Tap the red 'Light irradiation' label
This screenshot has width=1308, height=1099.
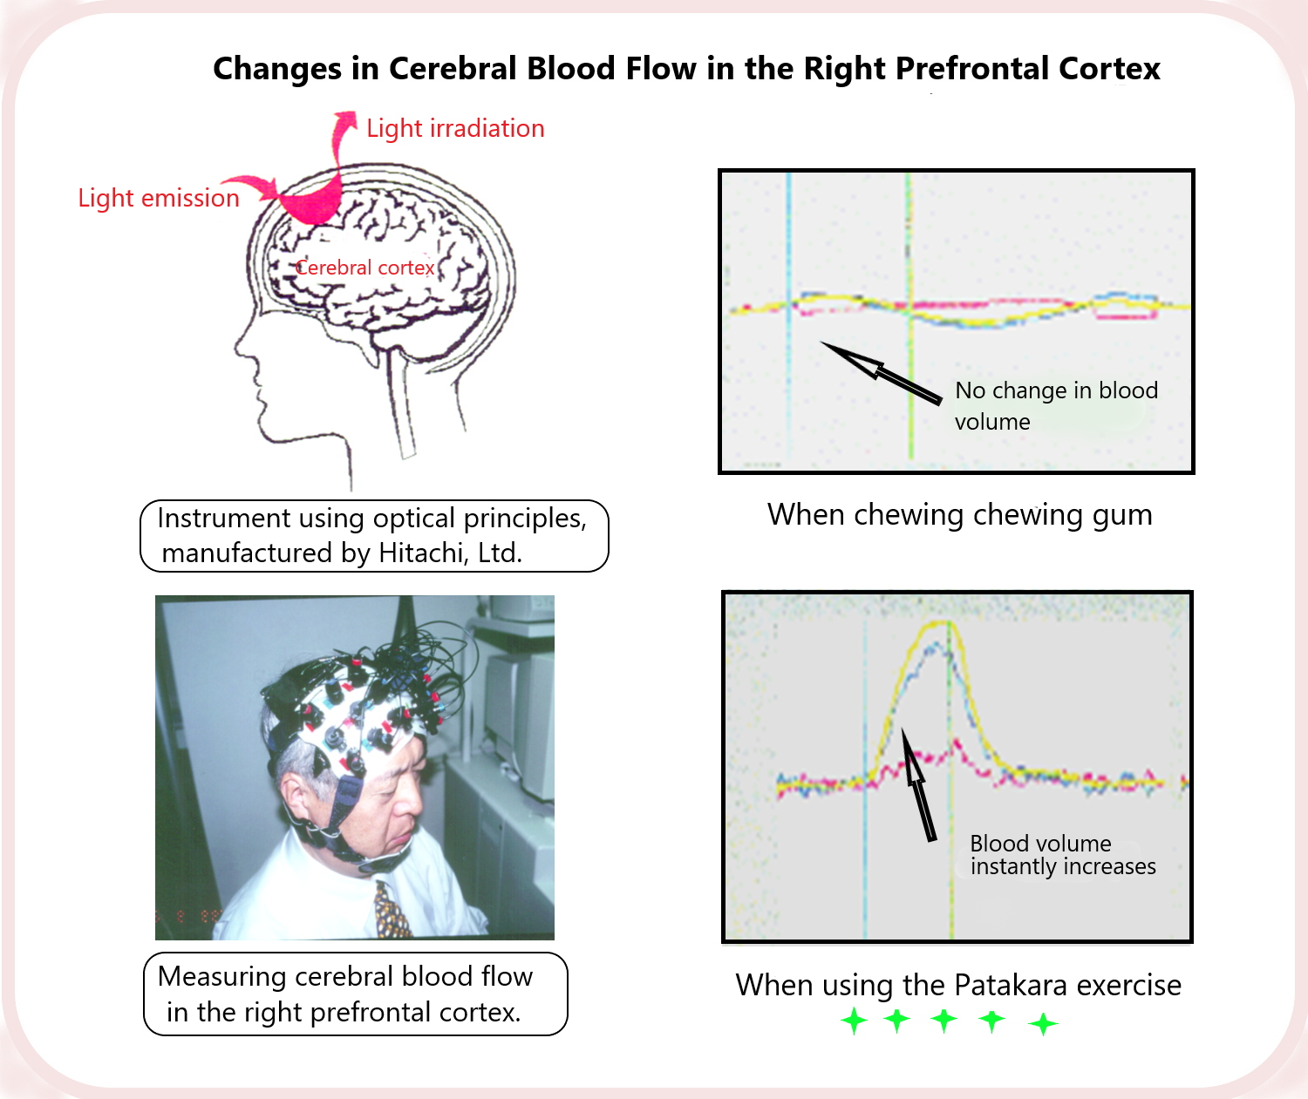click(455, 129)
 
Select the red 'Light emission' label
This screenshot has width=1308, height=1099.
click(159, 199)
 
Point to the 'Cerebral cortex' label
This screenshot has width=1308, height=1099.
click(364, 268)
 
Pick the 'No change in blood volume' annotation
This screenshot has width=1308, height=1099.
click(1055, 405)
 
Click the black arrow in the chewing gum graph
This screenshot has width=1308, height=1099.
click(881, 373)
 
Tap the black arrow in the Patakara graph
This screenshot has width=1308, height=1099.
click(917, 784)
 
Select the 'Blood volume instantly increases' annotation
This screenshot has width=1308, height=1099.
click(1062, 855)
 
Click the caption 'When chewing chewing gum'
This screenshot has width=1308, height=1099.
click(959, 515)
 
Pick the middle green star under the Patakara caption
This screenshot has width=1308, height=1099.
click(944, 1021)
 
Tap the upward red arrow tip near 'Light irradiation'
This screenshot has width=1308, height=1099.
click(348, 118)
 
